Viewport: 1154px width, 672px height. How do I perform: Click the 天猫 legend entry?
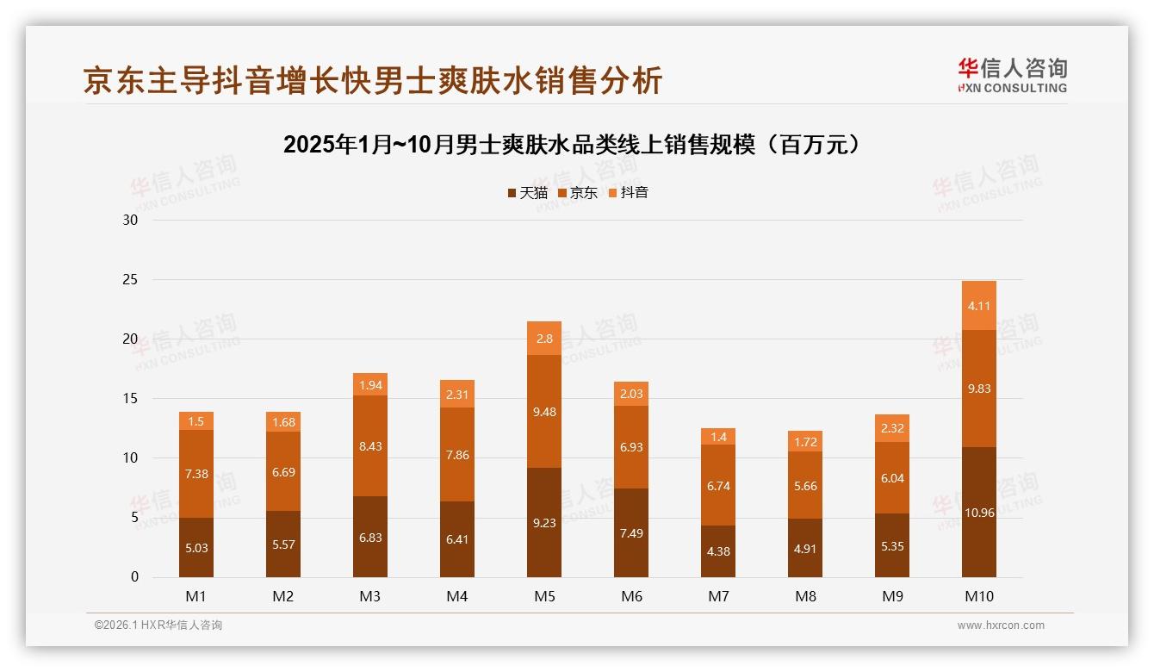point(527,193)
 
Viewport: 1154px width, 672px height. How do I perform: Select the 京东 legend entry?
point(578,193)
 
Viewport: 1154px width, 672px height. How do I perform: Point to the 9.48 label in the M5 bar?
point(544,412)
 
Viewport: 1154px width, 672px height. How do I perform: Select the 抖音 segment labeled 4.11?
point(979,306)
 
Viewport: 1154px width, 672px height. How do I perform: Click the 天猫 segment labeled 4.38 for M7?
point(718,551)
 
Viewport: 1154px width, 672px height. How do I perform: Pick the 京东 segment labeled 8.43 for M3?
point(370,446)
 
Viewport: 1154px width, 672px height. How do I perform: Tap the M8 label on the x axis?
point(805,596)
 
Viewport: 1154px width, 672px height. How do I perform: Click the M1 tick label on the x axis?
point(196,596)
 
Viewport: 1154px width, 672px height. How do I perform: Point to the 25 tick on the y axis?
point(130,280)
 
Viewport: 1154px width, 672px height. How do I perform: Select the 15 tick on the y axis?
point(130,399)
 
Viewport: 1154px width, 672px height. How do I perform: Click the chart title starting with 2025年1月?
point(573,144)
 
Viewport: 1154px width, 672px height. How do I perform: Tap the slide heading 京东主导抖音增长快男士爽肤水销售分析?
point(373,81)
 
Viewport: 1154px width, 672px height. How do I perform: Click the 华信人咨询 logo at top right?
point(1012,75)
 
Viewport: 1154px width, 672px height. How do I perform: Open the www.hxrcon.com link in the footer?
point(1001,625)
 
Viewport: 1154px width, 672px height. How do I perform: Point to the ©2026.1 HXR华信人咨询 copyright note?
point(158,625)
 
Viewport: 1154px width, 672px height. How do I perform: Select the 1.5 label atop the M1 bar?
point(196,421)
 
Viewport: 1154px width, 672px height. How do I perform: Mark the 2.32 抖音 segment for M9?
point(892,428)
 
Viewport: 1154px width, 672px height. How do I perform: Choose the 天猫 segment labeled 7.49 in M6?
point(631,533)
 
